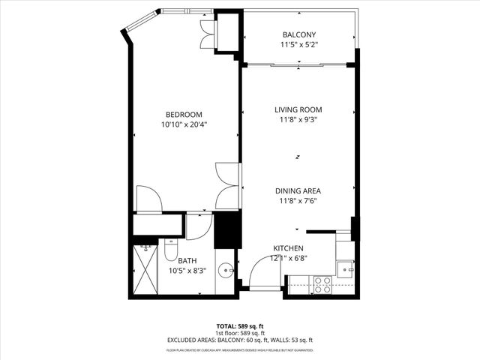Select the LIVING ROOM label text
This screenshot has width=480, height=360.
click(298, 110)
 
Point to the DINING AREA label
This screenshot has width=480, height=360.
click(298, 190)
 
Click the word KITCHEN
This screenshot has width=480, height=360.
click(288, 248)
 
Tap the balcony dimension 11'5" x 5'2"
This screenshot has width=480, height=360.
click(298, 45)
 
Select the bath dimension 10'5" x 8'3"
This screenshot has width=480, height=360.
click(187, 270)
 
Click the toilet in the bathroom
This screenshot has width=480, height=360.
click(170, 250)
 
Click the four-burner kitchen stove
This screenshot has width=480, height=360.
click(322, 284)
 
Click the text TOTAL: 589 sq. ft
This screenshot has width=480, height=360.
click(240, 326)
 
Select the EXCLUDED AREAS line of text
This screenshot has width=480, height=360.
click(240, 340)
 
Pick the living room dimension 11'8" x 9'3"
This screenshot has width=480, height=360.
click(298, 120)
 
